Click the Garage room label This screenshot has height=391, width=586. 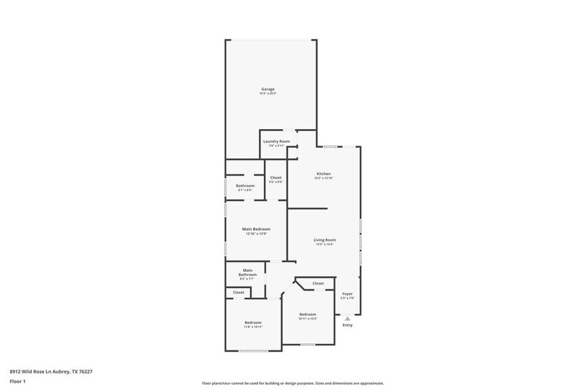(x=268, y=89)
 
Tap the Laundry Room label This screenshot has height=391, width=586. (x=276, y=141)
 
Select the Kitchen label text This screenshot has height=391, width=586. (x=324, y=174)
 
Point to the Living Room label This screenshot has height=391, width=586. (x=325, y=239)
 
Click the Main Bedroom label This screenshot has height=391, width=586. (x=256, y=229)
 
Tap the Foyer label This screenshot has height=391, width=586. (x=347, y=293)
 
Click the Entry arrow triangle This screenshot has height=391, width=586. (x=347, y=319)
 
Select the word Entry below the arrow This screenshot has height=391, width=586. (x=347, y=325)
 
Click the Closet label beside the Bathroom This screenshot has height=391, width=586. (x=276, y=178)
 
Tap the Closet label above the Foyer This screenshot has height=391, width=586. (x=318, y=283)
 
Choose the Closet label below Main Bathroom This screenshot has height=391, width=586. (x=239, y=292)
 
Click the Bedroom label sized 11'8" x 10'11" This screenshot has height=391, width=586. (x=253, y=323)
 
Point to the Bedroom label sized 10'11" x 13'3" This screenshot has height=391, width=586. (x=308, y=314)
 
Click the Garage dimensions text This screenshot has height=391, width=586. (x=268, y=94)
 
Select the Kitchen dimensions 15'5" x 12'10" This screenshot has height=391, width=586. (x=324, y=178)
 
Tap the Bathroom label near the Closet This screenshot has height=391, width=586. (x=245, y=186)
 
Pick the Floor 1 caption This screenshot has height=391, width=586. (x=17, y=381)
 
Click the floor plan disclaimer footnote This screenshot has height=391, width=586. (x=293, y=383)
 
